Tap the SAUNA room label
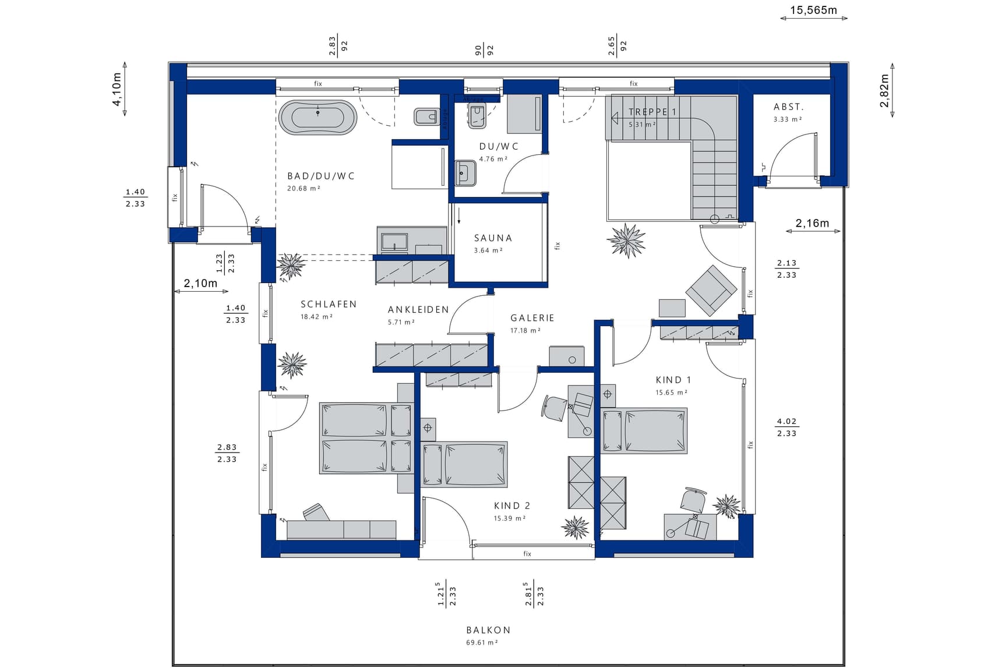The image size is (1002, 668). (x=493, y=238)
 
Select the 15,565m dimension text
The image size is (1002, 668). (x=813, y=10)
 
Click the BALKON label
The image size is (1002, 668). (x=488, y=630)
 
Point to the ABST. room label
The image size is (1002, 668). (x=788, y=107)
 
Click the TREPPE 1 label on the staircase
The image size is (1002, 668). (x=652, y=112)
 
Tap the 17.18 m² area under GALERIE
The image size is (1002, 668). (x=525, y=331)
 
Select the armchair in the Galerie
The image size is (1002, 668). (x=711, y=290)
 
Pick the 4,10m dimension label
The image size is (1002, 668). (x=117, y=89)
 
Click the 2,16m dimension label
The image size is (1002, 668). (x=812, y=223)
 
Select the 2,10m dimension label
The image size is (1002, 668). (x=200, y=284)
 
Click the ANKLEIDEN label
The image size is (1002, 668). (x=418, y=310)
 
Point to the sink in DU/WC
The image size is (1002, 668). (x=465, y=172)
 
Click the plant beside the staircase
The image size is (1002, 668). (x=626, y=240)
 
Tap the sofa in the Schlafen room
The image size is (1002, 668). (x=341, y=529)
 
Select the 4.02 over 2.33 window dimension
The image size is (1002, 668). (x=786, y=427)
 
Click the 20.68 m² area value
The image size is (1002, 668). (x=304, y=189)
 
